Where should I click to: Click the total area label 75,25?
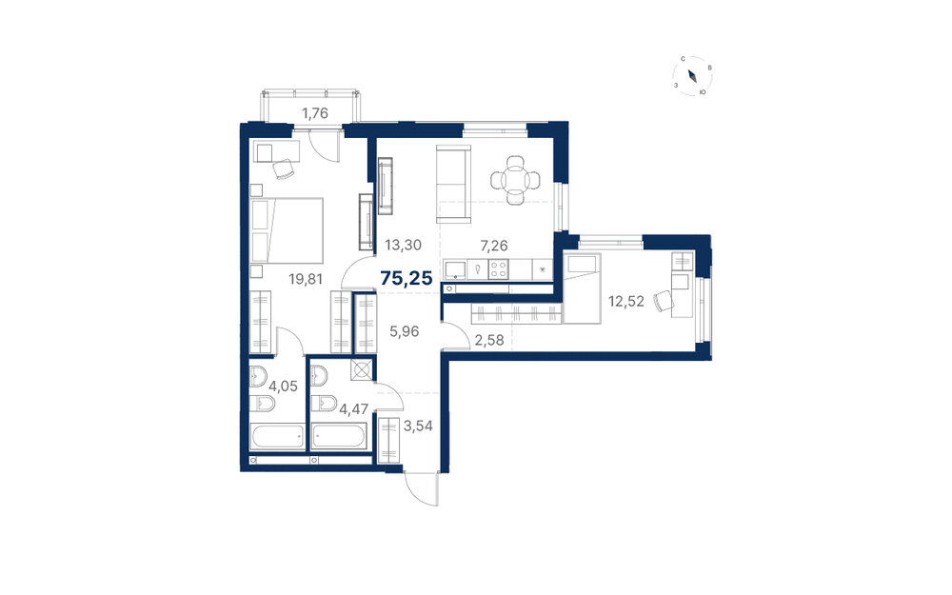(x=407, y=279)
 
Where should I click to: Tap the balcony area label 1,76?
(x=315, y=112)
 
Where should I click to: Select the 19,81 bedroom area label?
(x=306, y=279)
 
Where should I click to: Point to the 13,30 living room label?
(x=403, y=246)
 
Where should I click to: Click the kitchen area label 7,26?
(x=493, y=246)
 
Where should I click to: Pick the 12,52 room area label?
(x=626, y=301)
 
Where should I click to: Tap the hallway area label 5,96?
(x=405, y=331)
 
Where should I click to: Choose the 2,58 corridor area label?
(x=489, y=340)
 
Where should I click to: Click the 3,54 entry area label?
(x=418, y=426)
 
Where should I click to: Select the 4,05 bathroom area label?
(x=284, y=387)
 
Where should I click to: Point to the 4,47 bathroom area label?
(x=354, y=409)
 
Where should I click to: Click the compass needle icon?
(x=692, y=76)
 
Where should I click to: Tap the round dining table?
(x=515, y=180)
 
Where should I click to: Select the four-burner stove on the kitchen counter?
(x=499, y=269)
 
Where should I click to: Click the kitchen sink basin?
(x=455, y=269)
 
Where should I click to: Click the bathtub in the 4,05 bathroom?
(x=277, y=437)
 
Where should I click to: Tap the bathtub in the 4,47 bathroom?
(x=340, y=437)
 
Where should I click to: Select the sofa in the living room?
(x=453, y=185)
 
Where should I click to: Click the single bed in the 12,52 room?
(x=582, y=288)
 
